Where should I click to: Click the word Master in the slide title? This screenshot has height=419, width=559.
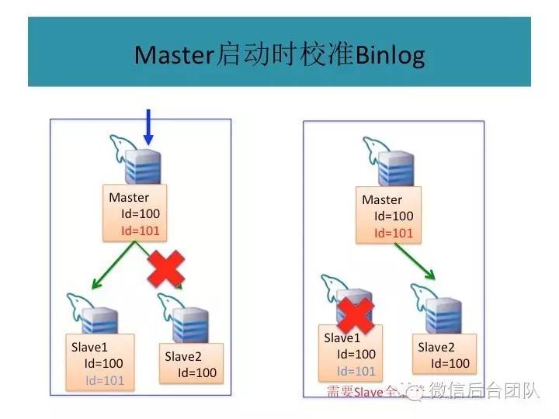click(x=173, y=56)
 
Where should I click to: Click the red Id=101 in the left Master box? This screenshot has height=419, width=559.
click(x=139, y=230)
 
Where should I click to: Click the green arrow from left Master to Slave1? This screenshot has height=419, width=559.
click(x=115, y=265)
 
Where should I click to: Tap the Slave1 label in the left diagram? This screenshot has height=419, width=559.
click(x=89, y=347)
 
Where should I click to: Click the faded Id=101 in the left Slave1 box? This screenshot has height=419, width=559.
click(x=105, y=379)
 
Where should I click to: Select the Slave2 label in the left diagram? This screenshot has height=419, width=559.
click(x=183, y=356)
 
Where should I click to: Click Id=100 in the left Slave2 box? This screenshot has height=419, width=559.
click(x=197, y=372)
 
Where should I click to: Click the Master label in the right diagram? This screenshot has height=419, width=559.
click(x=382, y=200)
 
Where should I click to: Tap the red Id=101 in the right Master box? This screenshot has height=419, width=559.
click(x=394, y=233)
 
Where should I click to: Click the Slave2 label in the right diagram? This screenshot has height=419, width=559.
click(x=436, y=347)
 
